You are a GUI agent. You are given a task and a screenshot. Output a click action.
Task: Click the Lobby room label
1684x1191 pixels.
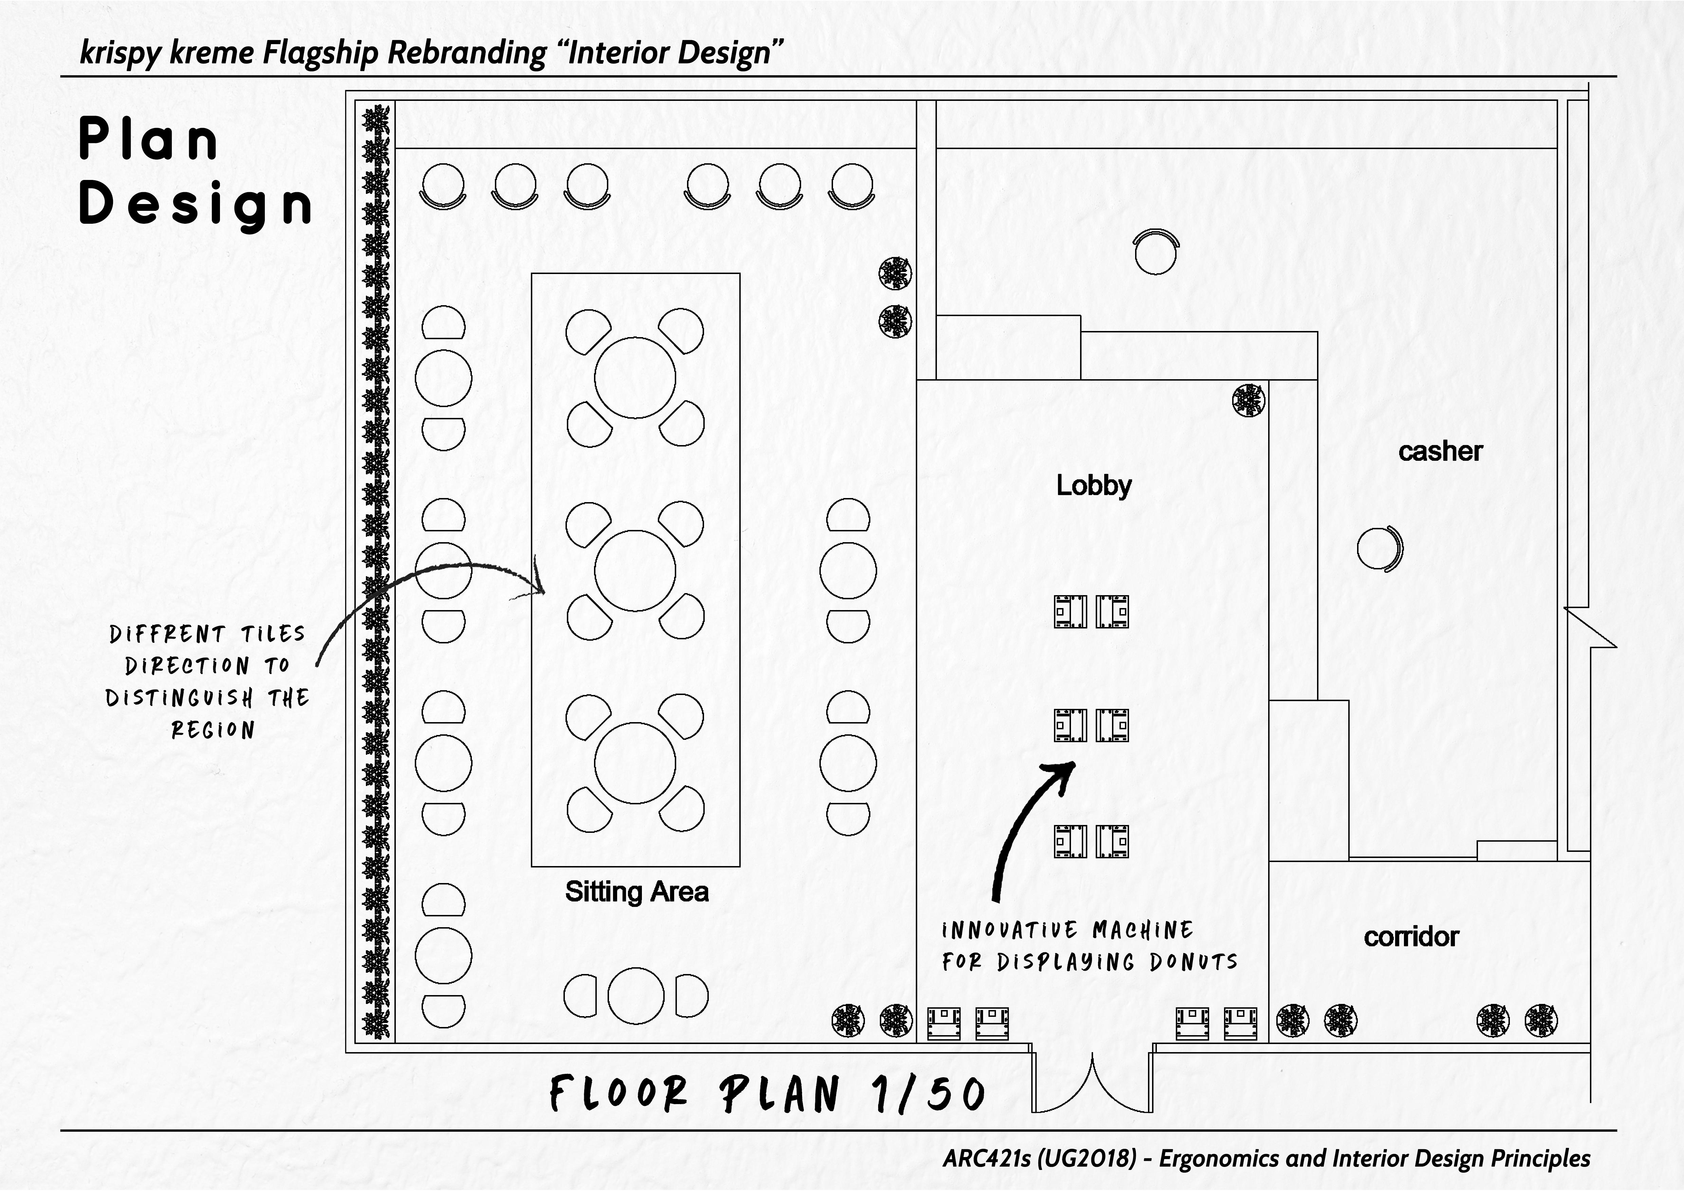point(1094,485)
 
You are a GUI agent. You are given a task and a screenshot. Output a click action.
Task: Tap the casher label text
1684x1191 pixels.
point(1440,452)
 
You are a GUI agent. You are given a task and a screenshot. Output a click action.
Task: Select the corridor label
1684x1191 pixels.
point(1410,937)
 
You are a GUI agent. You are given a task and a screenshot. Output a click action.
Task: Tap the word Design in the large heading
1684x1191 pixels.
point(195,204)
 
